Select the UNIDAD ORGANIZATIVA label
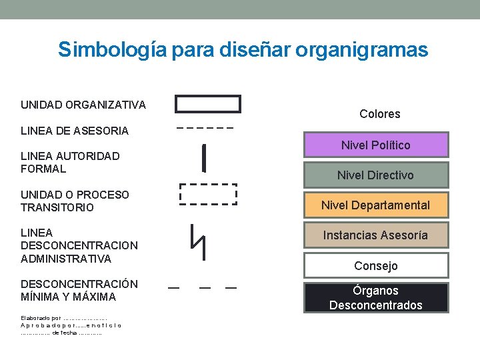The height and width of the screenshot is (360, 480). [x=83, y=105]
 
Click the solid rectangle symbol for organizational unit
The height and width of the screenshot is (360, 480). [x=207, y=104]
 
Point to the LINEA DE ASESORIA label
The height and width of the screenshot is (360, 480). [x=75, y=131]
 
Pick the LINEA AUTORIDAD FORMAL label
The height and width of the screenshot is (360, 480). [x=70, y=162]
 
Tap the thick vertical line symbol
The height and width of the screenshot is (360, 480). [x=203, y=157]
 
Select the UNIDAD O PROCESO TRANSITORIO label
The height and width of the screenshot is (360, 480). [x=75, y=201]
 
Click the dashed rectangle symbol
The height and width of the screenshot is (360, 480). [x=208, y=193]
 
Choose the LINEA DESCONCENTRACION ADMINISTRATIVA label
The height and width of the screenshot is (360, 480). [x=79, y=245]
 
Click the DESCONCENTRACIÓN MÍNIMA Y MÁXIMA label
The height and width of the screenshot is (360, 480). [x=79, y=290]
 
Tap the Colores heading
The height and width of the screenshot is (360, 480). [x=380, y=114]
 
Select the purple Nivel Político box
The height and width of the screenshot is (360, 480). [x=376, y=145]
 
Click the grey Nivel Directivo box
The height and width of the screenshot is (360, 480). [x=376, y=175]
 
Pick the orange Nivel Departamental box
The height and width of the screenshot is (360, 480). [x=376, y=205]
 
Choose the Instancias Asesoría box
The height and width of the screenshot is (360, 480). [x=376, y=235]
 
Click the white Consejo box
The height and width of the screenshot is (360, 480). [x=376, y=265]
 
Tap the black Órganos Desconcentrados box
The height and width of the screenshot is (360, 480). [x=376, y=297]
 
